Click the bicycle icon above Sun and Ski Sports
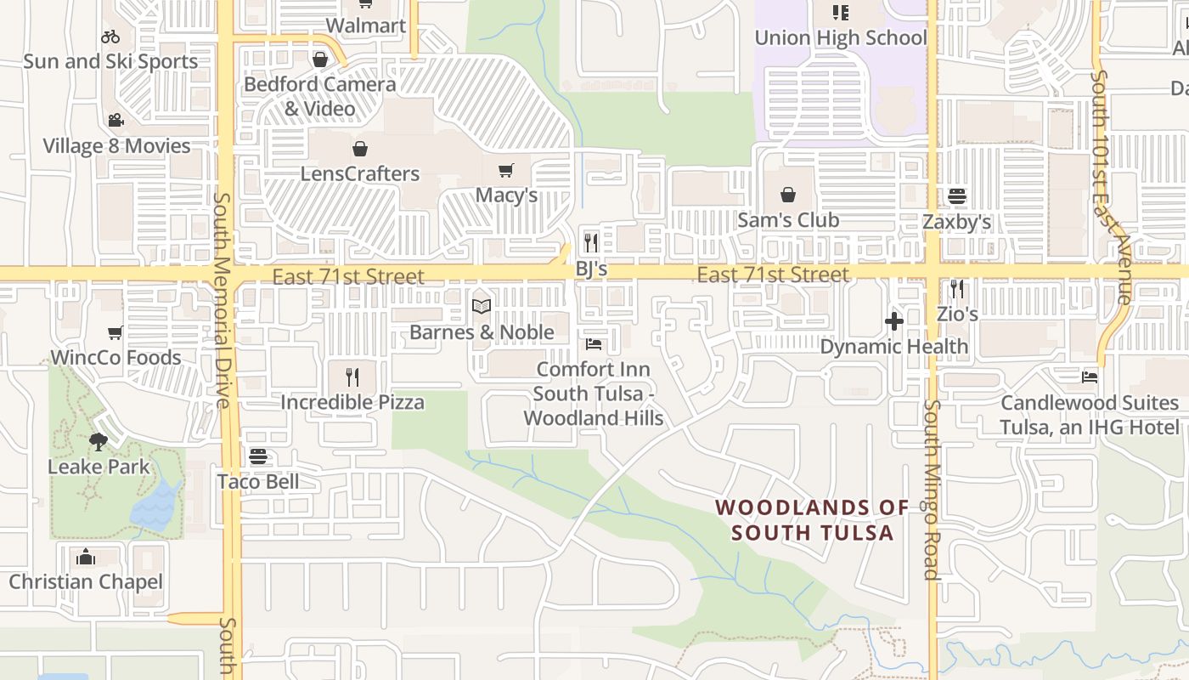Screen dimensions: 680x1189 pos(110,37)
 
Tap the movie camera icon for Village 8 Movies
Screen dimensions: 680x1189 pos(116,121)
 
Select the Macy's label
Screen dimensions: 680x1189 pos(506,195)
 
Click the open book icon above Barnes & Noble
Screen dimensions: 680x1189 pos(482,306)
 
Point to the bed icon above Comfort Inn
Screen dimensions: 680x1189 pos(594,344)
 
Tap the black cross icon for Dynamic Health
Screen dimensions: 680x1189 pos(893,321)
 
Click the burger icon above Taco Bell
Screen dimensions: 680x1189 pos(258,457)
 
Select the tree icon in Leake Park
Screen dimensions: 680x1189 pos(99,441)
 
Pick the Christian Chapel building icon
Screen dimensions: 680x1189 pos(85,558)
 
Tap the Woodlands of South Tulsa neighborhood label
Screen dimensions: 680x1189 pos(812,520)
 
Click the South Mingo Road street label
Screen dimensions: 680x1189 pos(932,489)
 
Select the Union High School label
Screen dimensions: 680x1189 pos(840,37)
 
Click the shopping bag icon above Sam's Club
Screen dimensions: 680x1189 pos(788,195)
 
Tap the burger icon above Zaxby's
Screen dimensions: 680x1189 pos(957,197)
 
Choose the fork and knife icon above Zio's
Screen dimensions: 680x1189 pos(957,289)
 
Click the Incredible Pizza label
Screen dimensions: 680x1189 pos(352,402)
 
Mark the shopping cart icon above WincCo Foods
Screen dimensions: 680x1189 pos(116,332)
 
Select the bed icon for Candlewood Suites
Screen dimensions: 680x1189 pos(1090,377)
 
